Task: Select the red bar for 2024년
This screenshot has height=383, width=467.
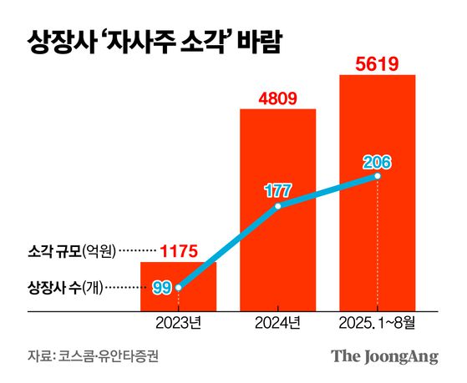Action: tap(278, 209)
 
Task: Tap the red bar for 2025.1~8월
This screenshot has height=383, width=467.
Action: tap(378, 192)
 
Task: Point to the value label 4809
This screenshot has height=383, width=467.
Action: tap(277, 96)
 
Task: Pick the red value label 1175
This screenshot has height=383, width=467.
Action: tap(178, 250)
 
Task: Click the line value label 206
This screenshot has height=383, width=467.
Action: tap(377, 161)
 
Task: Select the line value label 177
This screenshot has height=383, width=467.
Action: tap(277, 190)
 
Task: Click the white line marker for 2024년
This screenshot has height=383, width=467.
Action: tap(278, 205)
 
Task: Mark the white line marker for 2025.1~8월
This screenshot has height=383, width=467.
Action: tap(378, 176)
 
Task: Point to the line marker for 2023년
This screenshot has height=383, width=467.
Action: tap(178, 288)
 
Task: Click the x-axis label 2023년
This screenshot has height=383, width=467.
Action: tap(178, 322)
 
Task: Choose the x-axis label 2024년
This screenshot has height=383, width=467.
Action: tap(278, 322)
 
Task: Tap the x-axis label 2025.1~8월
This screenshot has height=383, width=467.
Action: tap(378, 322)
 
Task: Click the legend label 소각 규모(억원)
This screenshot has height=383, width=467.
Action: tap(72, 250)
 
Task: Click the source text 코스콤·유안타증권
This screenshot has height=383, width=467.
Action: tap(109, 356)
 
